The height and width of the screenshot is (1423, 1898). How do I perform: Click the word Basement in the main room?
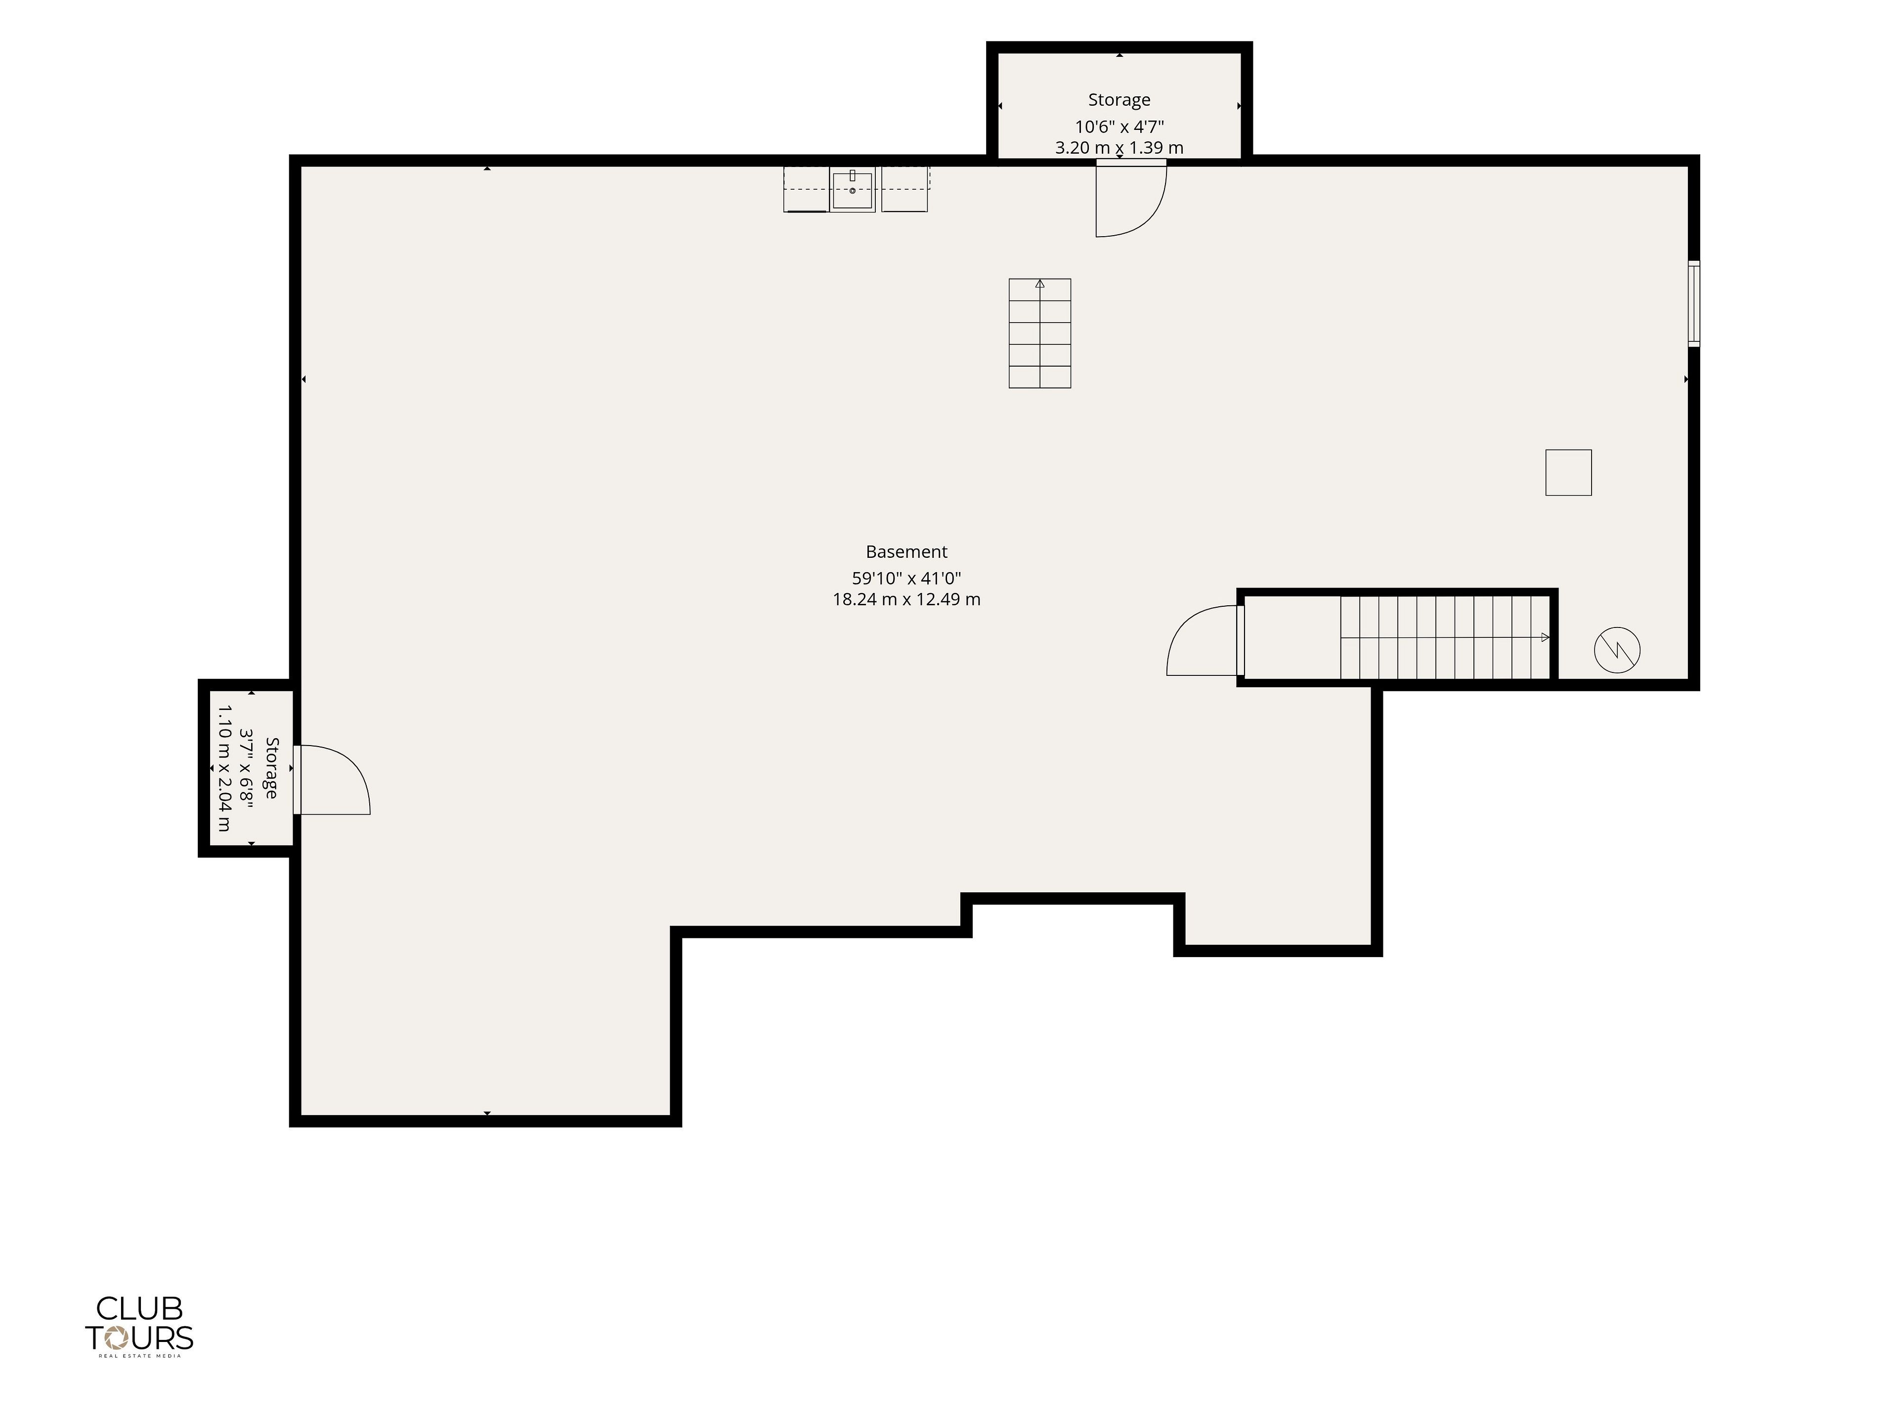pyautogui.click(x=906, y=551)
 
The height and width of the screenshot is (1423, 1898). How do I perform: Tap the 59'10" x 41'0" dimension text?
pyautogui.click(x=906, y=578)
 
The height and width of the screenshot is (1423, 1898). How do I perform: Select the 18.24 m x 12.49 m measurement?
pyautogui.click(x=906, y=599)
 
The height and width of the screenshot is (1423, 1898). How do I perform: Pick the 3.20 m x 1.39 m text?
pyautogui.click(x=1119, y=148)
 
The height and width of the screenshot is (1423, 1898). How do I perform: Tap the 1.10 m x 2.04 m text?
pyautogui.click(x=224, y=768)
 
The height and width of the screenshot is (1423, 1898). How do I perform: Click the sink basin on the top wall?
pyautogui.click(x=852, y=190)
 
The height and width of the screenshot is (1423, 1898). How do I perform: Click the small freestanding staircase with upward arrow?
pyautogui.click(x=1040, y=333)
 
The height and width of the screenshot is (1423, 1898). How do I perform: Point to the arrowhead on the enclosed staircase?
pyautogui.click(x=1546, y=637)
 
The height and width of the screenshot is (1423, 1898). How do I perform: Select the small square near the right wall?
pyautogui.click(x=1568, y=473)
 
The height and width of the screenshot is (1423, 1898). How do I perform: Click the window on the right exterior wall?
pyautogui.click(x=1694, y=304)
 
